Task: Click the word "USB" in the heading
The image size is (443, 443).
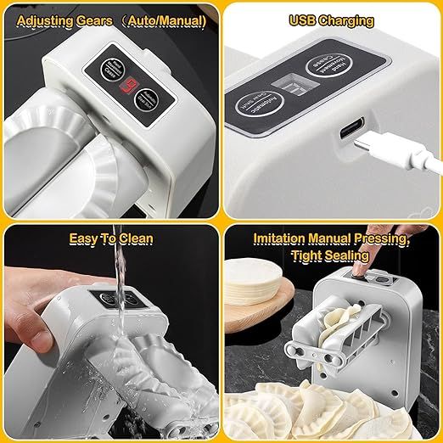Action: [x=304, y=19]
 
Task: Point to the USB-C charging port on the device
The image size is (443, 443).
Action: [x=350, y=132]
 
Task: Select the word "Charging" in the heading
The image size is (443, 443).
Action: [x=346, y=19]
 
